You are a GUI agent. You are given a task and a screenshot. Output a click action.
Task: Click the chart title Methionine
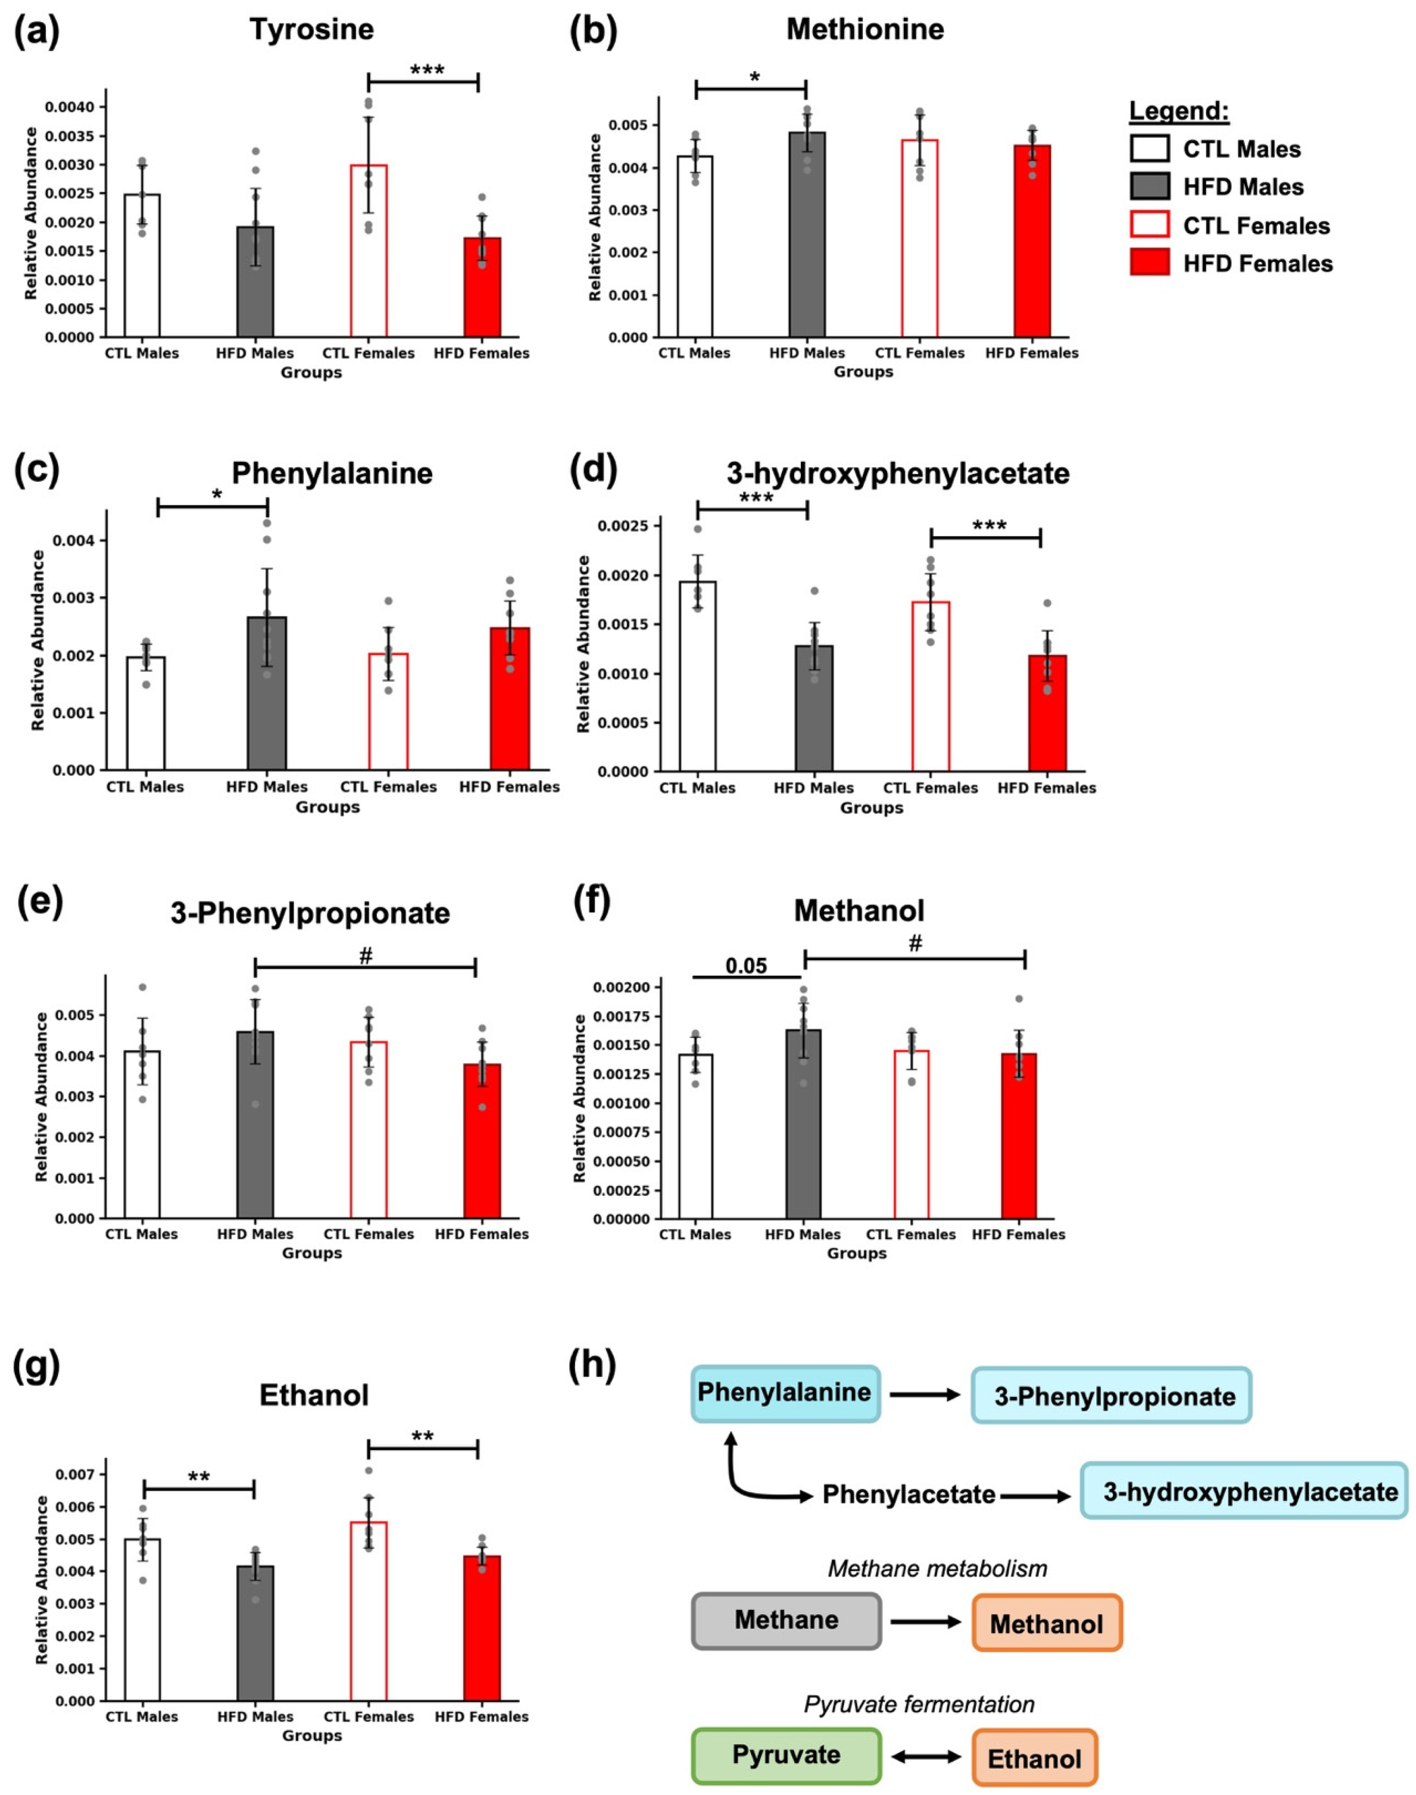[865, 30]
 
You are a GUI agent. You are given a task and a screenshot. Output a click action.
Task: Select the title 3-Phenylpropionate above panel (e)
[310, 913]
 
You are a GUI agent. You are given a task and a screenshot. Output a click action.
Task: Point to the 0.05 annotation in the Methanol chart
[746, 966]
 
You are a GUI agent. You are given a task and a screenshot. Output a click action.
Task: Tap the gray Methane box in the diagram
[786, 1619]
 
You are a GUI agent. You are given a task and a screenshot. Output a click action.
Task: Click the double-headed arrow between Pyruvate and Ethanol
[926, 1756]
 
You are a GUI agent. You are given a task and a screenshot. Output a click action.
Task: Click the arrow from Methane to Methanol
[926, 1621]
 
